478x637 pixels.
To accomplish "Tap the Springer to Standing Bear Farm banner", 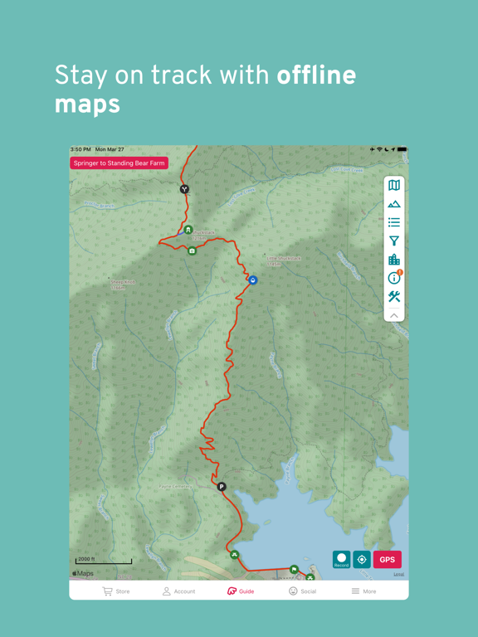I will [119, 163].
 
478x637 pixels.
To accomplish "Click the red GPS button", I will [387, 560].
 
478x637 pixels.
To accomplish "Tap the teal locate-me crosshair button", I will [362, 560].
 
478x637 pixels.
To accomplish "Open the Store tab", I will [115, 591].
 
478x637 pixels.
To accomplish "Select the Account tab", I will [178, 591].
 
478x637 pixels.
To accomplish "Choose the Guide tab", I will [240, 591].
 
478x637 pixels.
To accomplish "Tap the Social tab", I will [302, 591].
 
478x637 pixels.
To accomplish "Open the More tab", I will [363, 591].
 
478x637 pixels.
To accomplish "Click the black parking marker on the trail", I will [222, 487].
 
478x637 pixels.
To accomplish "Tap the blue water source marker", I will [253, 280].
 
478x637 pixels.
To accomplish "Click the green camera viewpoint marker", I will [193, 250].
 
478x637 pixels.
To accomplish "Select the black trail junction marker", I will [184, 189].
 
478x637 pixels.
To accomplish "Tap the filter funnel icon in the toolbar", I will [394, 241].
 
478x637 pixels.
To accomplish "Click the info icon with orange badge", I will [394, 278].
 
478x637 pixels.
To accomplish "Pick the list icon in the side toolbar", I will [394, 222].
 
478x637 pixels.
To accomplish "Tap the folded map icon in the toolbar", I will [394, 185].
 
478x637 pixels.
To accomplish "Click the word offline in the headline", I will [316, 76].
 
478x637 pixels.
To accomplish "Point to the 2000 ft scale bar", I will [103, 562].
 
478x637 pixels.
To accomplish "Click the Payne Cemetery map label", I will [176, 487].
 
